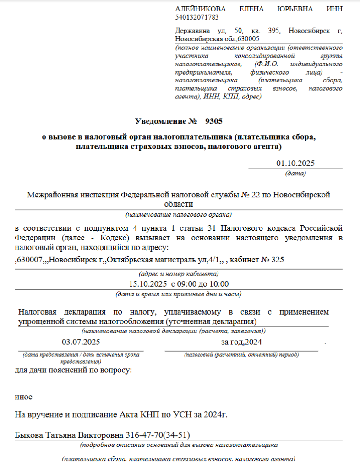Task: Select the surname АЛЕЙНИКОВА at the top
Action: [x=201, y=9]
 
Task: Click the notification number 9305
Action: [x=214, y=121]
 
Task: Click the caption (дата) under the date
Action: [x=295, y=173]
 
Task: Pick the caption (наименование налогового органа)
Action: [x=179, y=214]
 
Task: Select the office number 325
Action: [x=278, y=260]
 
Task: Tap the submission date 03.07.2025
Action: [x=81, y=342]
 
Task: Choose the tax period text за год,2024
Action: [x=241, y=342]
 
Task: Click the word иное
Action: [x=24, y=397]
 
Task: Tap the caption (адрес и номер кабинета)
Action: [x=179, y=275]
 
